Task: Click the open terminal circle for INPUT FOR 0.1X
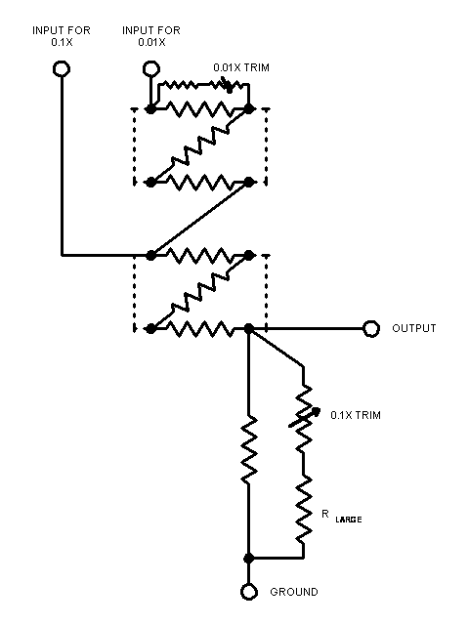[x=62, y=69]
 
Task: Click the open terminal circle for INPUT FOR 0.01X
[x=151, y=69]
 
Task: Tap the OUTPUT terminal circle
[x=371, y=329]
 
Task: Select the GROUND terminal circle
[x=249, y=592]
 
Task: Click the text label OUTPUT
[x=414, y=328]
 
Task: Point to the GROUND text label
[x=294, y=592]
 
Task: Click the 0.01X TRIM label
[x=241, y=67]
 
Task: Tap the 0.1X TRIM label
[x=356, y=415]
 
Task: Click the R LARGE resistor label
[x=341, y=517]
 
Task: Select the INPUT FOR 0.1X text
[x=62, y=36]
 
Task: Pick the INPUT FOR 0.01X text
[x=151, y=36]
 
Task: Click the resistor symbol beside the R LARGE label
[x=304, y=509]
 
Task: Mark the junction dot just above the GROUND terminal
[x=249, y=558]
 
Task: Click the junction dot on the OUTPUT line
[x=249, y=329]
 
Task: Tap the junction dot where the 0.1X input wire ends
[x=150, y=255]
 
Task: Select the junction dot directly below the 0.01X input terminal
[x=150, y=108]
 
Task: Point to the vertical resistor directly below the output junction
[x=249, y=448]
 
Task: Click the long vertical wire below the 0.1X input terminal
[x=62, y=166]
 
